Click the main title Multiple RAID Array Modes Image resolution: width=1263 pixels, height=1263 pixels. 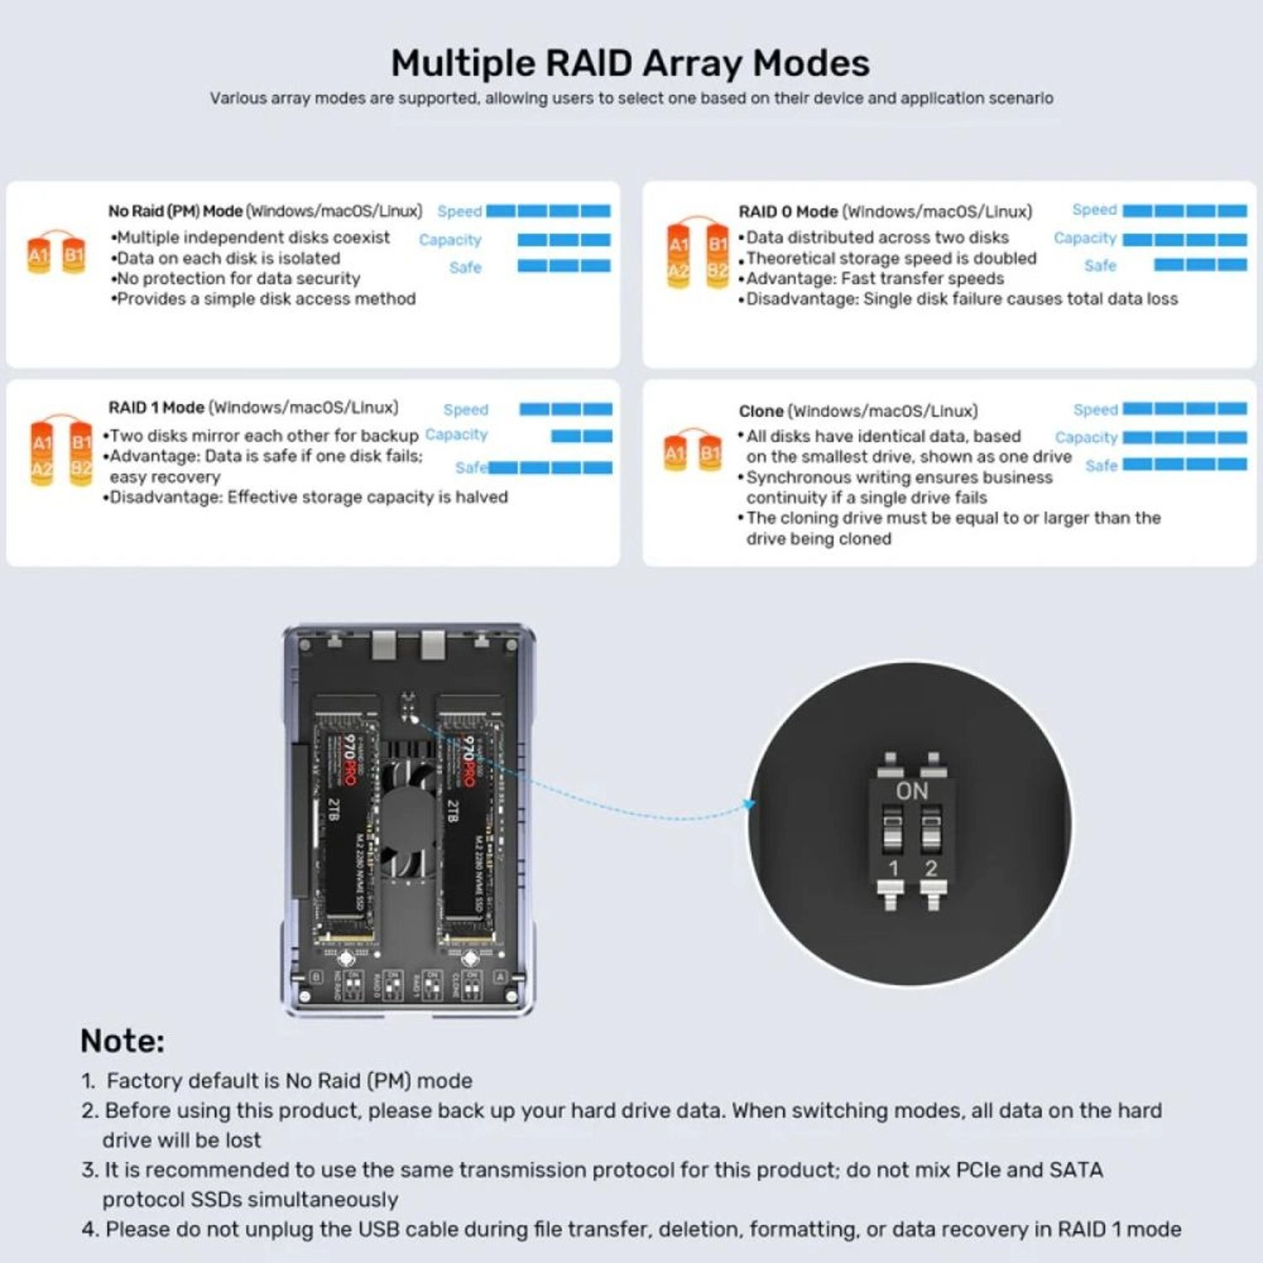coord(630,64)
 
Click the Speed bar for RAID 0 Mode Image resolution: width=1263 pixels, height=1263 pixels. coord(1184,210)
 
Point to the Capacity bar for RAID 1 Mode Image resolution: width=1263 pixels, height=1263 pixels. coord(581,436)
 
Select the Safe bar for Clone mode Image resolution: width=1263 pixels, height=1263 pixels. coord(1184,464)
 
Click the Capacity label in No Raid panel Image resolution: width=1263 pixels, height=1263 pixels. coord(450,240)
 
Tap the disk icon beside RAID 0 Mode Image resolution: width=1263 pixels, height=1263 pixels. coord(697,255)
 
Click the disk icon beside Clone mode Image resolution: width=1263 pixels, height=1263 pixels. coord(692,450)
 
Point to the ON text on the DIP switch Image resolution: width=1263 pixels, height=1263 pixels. coord(911,791)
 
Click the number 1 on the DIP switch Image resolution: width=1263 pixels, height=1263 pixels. coord(893,868)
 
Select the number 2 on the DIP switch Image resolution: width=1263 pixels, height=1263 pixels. coord(930,868)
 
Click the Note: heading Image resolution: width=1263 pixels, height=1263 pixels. coord(122,1041)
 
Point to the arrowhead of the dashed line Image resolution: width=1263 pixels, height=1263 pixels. coord(749,805)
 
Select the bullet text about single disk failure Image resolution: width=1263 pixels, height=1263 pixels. coord(960,299)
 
